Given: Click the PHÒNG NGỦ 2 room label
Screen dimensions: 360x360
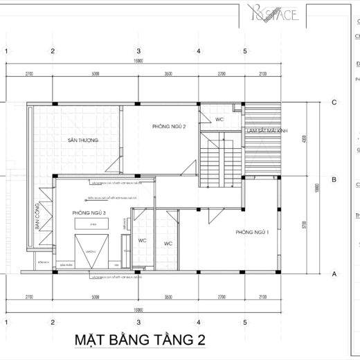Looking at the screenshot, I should click(x=169, y=127).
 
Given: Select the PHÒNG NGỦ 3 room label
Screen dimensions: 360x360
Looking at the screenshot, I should click(x=88, y=213).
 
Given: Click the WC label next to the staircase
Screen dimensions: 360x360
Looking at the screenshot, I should click(x=219, y=119).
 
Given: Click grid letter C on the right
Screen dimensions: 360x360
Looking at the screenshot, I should click(x=334, y=102).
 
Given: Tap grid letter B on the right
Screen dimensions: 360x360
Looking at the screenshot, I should click(x=334, y=179).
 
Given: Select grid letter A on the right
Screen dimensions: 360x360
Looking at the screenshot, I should click(x=334, y=273).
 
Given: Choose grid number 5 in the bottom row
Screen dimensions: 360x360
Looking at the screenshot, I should click(x=245, y=322).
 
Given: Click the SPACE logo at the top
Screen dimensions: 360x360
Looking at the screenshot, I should click(x=271, y=13).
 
